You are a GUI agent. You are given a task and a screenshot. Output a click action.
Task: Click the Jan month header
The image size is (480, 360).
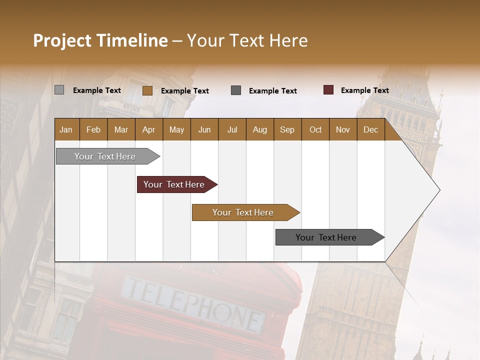(66, 129)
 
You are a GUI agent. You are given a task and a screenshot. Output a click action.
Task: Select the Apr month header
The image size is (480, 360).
(149, 129)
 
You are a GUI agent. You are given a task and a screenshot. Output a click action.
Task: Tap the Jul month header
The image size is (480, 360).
(232, 129)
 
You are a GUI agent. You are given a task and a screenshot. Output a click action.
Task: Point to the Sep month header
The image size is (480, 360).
(287, 129)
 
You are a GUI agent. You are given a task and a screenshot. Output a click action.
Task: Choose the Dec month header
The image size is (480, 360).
(370, 129)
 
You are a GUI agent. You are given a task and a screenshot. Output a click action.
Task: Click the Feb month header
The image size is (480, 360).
(93, 129)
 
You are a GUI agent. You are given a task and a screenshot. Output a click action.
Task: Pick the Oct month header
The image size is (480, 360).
(315, 129)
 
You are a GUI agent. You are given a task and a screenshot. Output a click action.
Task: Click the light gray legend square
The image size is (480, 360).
(59, 90)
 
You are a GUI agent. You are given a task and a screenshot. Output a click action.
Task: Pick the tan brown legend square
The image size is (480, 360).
(147, 90)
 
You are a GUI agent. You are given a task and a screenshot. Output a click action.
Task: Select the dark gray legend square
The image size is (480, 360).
(236, 90)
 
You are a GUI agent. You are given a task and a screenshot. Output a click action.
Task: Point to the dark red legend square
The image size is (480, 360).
(328, 90)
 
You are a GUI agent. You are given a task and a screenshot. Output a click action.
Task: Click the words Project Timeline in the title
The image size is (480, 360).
(100, 40)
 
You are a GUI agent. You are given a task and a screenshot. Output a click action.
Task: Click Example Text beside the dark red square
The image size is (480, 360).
(364, 90)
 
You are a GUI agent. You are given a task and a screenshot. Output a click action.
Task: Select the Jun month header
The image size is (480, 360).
(204, 129)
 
